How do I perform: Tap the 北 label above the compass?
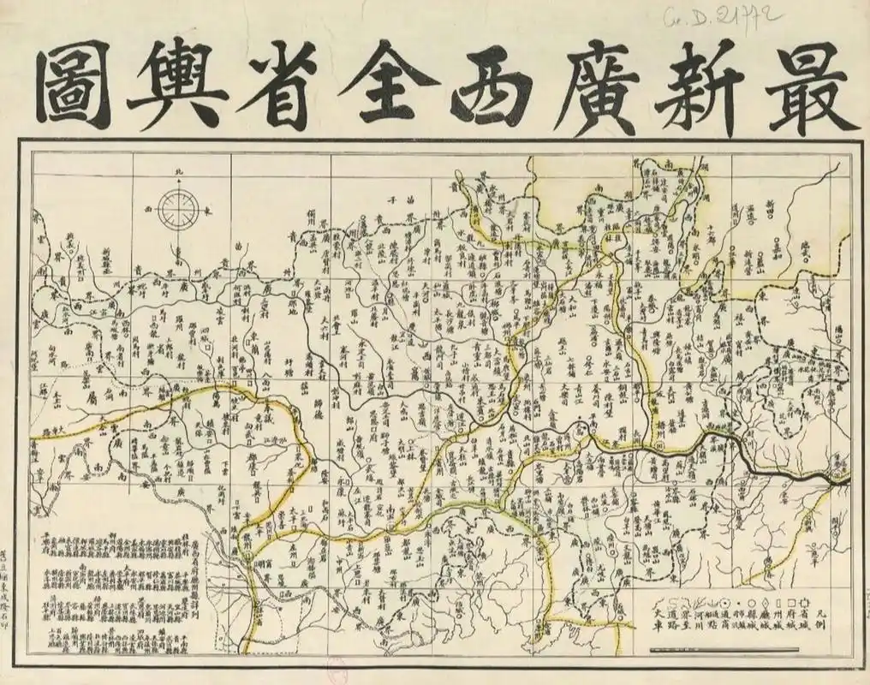(x=179, y=175)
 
